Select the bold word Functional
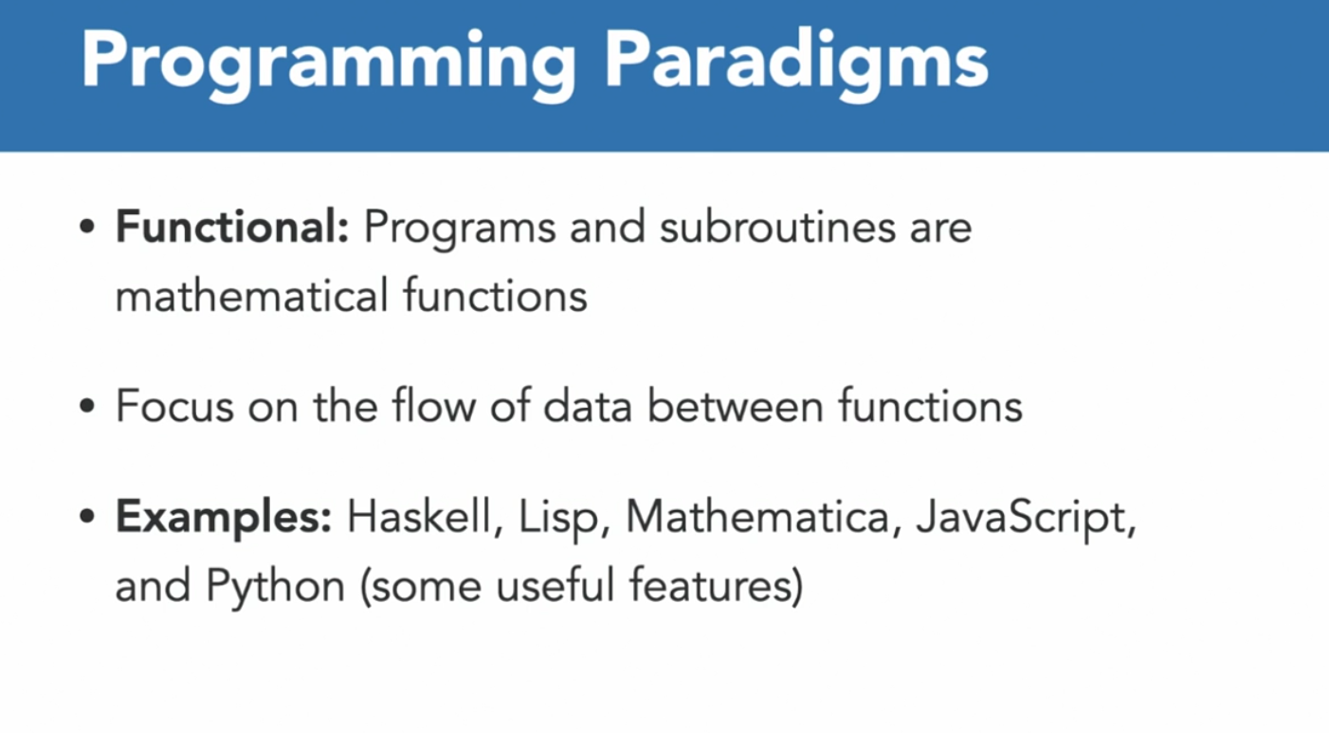click(232, 227)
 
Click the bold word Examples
click(224, 518)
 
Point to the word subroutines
click(777, 227)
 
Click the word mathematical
click(252, 295)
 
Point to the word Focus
click(175, 406)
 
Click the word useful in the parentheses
click(555, 584)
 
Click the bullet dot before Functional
click(87, 227)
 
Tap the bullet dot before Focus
click(87, 407)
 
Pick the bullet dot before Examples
click(87, 517)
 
